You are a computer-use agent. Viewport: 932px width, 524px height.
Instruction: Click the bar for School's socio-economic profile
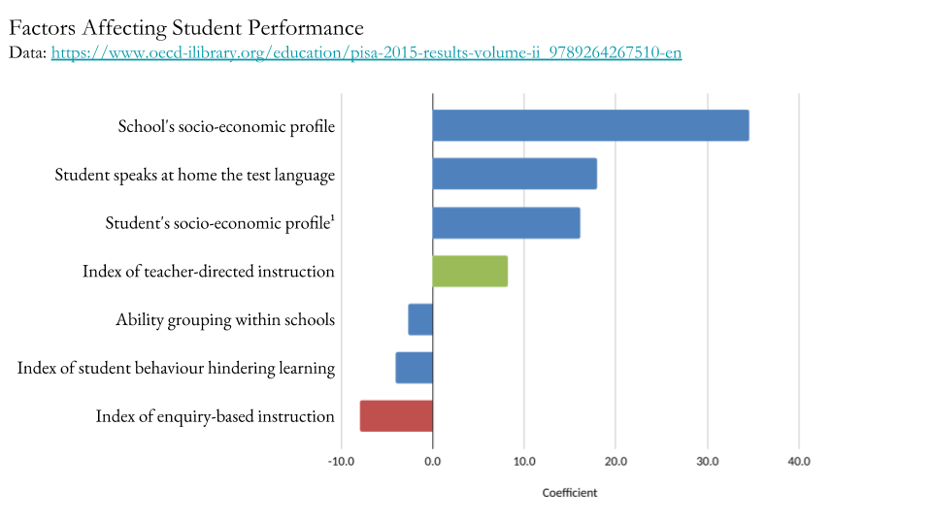click(x=590, y=125)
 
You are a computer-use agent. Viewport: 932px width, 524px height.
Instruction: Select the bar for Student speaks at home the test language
click(x=515, y=174)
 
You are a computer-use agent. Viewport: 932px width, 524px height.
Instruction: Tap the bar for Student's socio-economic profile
click(x=506, y=222)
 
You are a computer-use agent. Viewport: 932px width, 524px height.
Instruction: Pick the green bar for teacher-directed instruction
click(x=470, y=271)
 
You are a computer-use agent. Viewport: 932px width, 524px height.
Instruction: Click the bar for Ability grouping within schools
click(x=420, y=319)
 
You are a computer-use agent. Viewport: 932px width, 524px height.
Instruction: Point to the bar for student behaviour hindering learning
click(x=415, y=368)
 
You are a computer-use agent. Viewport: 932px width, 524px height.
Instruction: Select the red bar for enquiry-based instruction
click(x=396, y=416)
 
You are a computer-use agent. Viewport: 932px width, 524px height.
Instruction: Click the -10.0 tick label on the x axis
click(x=341, y=461)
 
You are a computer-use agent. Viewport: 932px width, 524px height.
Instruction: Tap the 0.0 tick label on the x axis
click(x=432, y=461)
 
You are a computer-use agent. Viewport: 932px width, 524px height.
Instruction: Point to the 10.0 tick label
click(x=524, y=461)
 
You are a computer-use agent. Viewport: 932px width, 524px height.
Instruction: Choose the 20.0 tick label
click(x=616, y=461)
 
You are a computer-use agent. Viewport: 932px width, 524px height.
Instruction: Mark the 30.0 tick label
click(x=708, y=461)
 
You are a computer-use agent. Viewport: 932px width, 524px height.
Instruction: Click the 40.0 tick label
click(x=798, y=461)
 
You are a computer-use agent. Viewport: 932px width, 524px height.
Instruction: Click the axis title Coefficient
click(x=570, y=493)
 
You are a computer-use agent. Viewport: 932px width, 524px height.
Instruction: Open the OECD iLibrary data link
click(x=366, y=52)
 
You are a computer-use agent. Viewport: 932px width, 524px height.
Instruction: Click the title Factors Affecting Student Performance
click(x=186, y=28)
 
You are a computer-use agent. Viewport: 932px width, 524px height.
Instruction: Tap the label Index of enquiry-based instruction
click(x=215, y=416)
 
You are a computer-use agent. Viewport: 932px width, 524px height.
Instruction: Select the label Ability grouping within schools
click(x=224, y=319)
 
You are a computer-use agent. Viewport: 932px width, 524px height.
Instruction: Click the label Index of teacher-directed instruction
click(x=208, y=271)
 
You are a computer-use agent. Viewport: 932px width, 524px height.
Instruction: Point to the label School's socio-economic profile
click(x=226, y=126)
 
